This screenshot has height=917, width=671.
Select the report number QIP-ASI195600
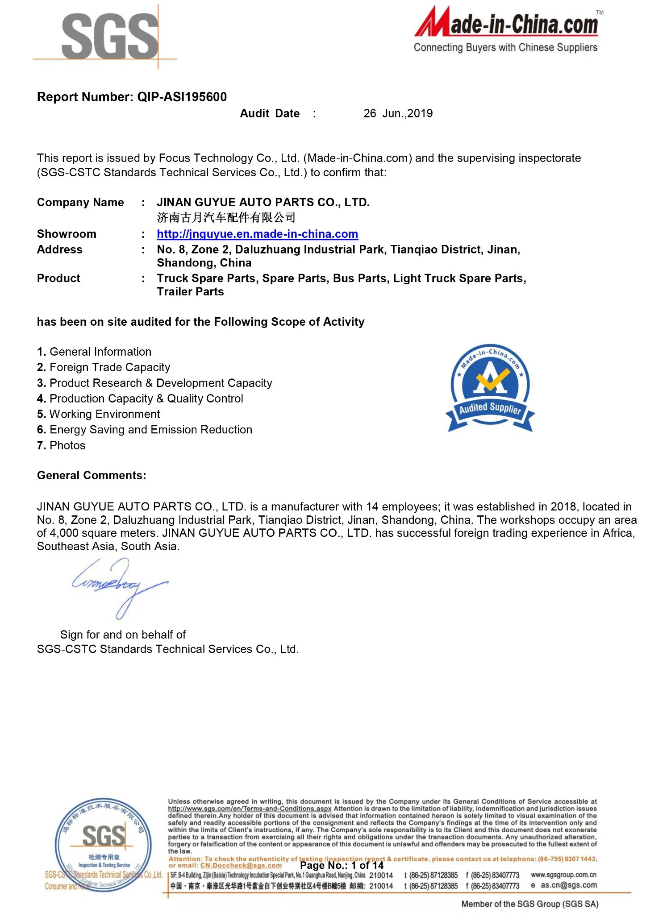point(182,97)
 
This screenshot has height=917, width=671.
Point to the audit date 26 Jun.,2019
point(398,113)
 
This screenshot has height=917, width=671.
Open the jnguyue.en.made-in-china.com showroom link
point(257,234)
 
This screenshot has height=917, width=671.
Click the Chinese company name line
point(226,218)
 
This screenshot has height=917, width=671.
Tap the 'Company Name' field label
point(80,202)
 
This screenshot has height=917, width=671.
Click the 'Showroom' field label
point(67,234)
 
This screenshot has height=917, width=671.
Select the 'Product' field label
point(58,278)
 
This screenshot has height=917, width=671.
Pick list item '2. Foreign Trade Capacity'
point(104,367)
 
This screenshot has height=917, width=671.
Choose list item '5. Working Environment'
point(98,414)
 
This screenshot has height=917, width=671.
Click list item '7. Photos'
point(61,445)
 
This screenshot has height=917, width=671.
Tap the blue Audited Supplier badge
point(490,389)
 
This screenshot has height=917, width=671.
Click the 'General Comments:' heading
point(92,475)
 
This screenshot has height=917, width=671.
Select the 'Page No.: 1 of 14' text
point(342,865)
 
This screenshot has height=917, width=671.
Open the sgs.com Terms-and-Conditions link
point(250,809)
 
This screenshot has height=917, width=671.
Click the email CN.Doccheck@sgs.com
point(241,865)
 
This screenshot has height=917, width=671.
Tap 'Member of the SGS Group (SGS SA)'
point(529,904)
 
